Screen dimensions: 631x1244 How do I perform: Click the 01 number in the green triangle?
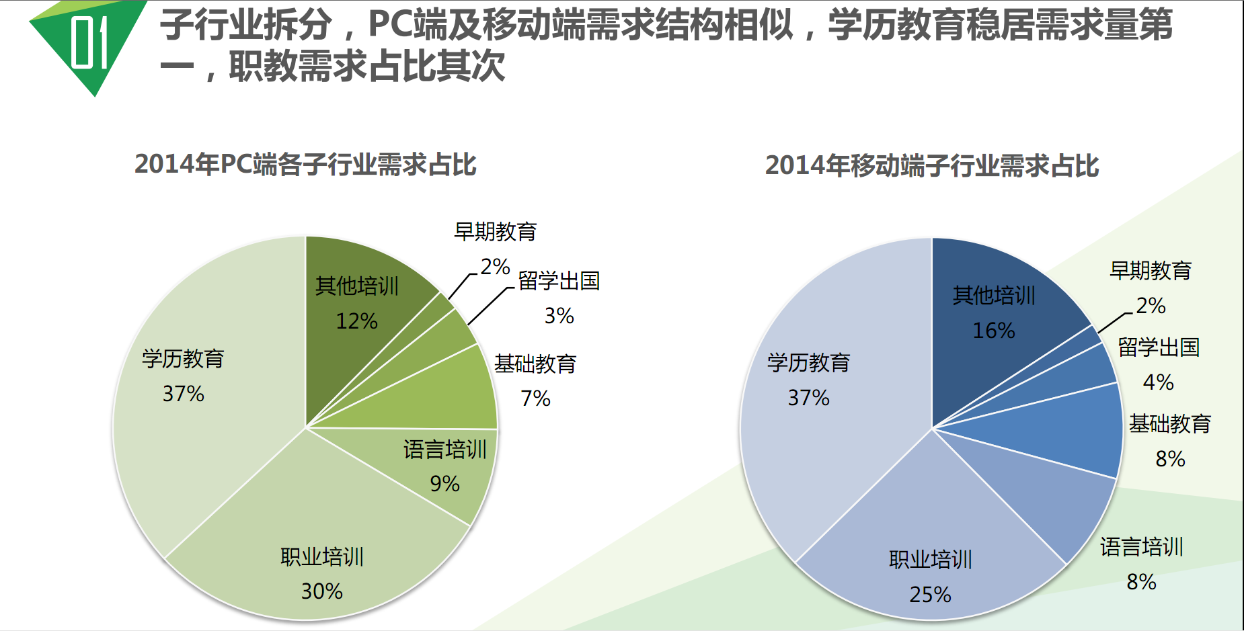click(x=89, y=42)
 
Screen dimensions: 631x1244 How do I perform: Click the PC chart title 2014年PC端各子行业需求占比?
click(x=305, y=165)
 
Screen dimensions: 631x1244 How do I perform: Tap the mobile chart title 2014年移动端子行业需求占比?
click(x=932, y=166)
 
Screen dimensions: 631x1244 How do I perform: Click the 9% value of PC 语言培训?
click(x=444, y=484)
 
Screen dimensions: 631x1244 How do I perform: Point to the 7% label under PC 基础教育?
click(x=535, y=399)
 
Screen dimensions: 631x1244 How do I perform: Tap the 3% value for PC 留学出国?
click(x=559, y=316)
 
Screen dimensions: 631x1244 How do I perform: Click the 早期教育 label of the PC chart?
click(x=495, y=232)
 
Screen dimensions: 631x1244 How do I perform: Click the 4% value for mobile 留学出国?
click(x=1158, y=382)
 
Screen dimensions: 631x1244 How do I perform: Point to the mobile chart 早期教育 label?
click(x=1151, y=271)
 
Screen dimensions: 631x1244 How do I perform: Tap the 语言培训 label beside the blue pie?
click(x=1141, y=547)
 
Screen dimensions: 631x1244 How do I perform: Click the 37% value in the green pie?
click(x=183, y=394)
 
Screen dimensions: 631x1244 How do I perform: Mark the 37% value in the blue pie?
click(x=808, y=398)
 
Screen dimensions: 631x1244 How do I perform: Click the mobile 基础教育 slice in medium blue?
click(x=1076, y=430)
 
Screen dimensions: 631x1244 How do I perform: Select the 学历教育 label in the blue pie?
click(x=808, y=363)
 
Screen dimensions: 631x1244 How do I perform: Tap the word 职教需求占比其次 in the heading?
click(x=366, y=67)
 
